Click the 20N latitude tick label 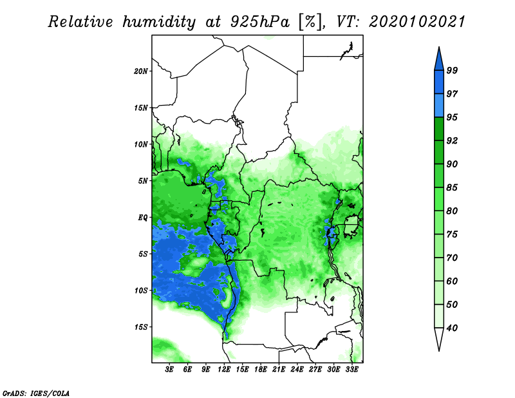click(140, 71)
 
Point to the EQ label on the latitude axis click(142, 218)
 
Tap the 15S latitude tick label click(140, 327)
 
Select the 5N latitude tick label click(143, 181)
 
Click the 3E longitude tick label click(169, 370)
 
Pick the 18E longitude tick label click(261, 370)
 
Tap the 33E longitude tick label click(351, 370)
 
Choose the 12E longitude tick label click(224, 370)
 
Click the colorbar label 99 click(452, 70)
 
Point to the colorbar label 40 click(452, 328)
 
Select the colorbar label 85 click(452, 187)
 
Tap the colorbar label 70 click(452, 258)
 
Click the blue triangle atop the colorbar click(439, 61)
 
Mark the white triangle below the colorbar click(439, 337)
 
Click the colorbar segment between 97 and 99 click(439, 82)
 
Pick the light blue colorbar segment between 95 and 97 click(439, 106)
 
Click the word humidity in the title click(159, 23)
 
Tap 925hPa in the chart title click(260, 22)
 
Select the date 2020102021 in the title click(417, 22)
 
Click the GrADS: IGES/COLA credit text click(36, 393)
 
